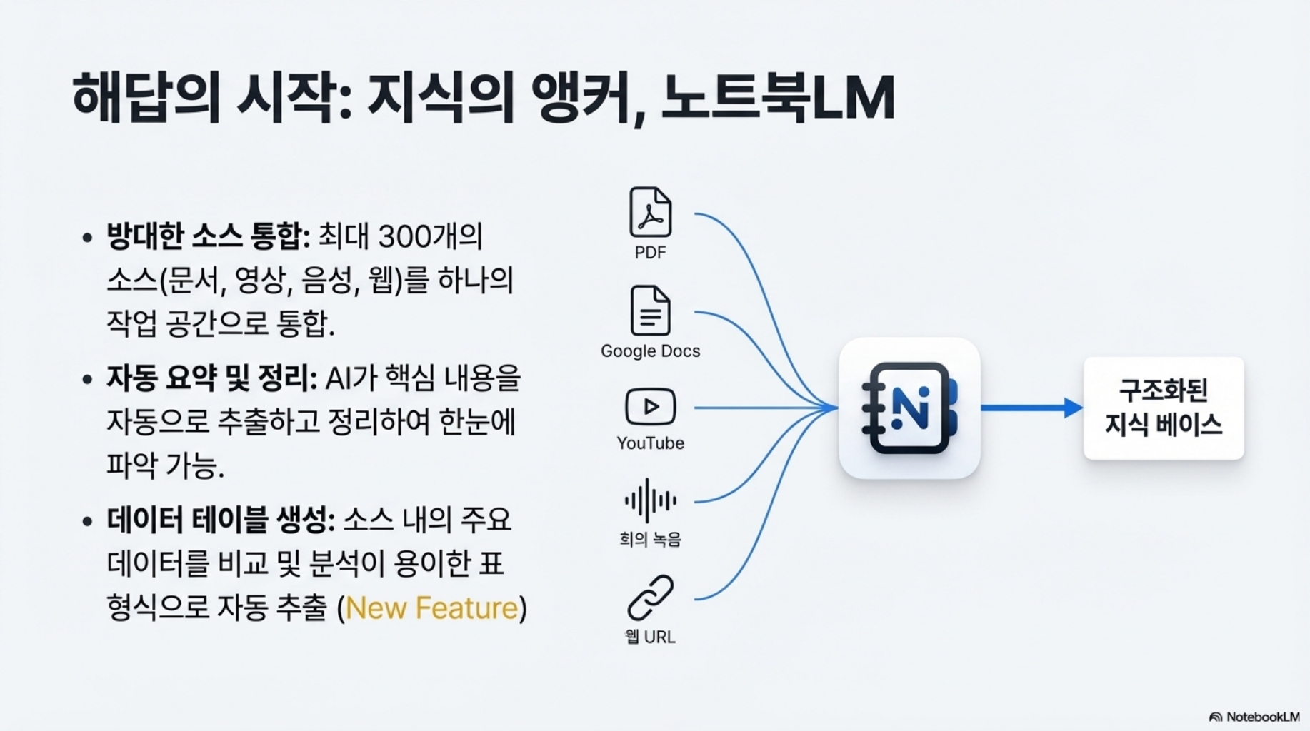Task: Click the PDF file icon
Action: [x=650, y=212]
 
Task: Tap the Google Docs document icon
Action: [x=650, y=311]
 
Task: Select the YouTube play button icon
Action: [x=650, y=407]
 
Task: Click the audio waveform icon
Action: [x=650, y=500]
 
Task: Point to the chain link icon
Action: [x=650, y=598]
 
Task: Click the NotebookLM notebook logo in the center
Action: [x=909, y=408]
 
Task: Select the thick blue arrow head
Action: [x=1073, y=408]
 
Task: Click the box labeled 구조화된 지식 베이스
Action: [x=1164, y=408]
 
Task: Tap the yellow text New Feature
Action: [x=431, y=608]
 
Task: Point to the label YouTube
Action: [x=650, y=443]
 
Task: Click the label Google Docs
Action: [x=650, y=351]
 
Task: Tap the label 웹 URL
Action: [x=650, y=637]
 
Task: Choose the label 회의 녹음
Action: [x=650, y=540]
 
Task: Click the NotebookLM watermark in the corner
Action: [x=1255, y=717]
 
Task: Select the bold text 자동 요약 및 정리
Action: [x=211, y=378]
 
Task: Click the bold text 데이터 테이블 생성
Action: [x=220, y=520]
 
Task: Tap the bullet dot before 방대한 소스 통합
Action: [x=87, y=238]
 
